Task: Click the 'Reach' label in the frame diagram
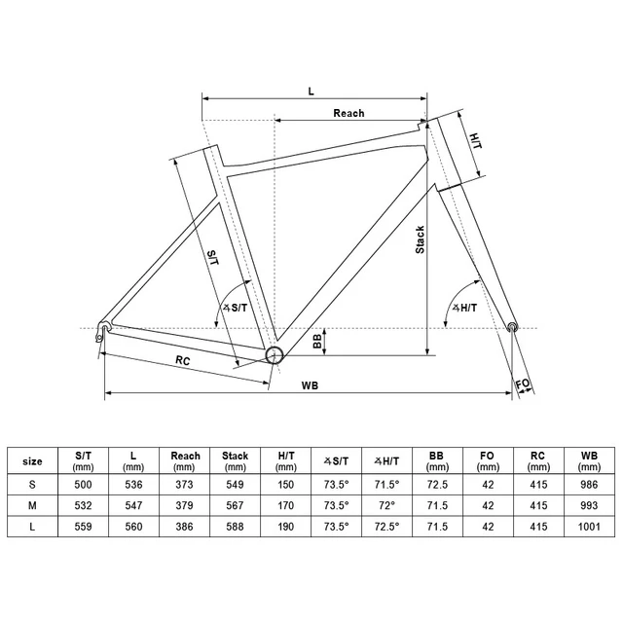point(348,114)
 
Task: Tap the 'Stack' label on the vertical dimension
point(420,238)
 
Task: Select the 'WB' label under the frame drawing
point(310,385)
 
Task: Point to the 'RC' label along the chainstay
point(182,361)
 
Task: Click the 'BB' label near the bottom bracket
point(317,342)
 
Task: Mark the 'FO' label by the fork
point(524,385)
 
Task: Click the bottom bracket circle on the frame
point(274,354)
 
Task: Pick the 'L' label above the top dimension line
point(311,90)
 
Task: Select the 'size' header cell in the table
point(32,461)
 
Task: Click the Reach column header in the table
point(185,460)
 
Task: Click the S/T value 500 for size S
point(84,483)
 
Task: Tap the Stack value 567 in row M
point(236,504)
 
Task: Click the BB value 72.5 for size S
point(437,483)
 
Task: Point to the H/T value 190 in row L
point(286,527)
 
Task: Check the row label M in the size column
point(32,504)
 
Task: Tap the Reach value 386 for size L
point(185,527)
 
